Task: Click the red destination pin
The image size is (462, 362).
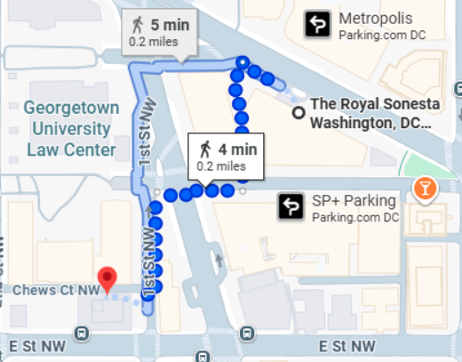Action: click(x=108, y=278)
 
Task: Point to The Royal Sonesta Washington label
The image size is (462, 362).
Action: click(x=372, y=113)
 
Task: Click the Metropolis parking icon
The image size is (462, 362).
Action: click(x=317, y=24)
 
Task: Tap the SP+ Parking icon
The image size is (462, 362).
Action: click(x=291, y=206)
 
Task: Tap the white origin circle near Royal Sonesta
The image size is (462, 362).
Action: click(x=299, y=112)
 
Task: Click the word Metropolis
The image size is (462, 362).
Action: click(x=376, y=19)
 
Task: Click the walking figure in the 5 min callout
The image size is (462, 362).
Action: click(x=138, y=24)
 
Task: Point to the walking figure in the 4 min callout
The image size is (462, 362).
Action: click(x=205, y=147)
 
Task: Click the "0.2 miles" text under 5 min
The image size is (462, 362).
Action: click(x=153, y=41)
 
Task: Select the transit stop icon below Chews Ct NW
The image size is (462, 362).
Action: click(x=83, y=334)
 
